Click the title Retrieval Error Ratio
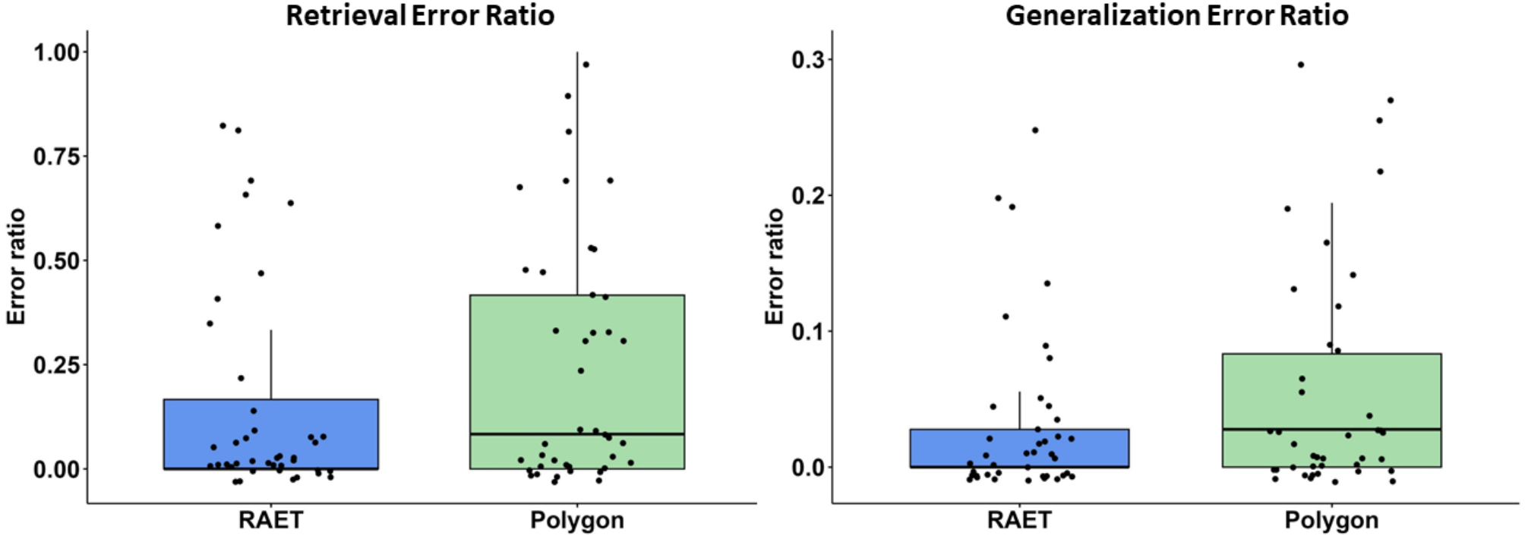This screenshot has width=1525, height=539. coord(420,15)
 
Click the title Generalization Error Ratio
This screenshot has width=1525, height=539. coord(1176,15)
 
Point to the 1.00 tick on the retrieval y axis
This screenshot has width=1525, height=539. coord(57,52)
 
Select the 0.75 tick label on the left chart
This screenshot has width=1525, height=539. coord(57,156)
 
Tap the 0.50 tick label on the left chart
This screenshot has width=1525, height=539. coord(57,260)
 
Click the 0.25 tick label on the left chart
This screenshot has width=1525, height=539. coord(57,364)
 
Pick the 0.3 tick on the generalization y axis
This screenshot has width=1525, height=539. coord(808,59)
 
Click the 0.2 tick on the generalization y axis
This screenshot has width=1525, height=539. coord(808,195)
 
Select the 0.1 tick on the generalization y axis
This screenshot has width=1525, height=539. coord(808,331)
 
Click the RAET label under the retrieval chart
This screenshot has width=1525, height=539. coord(270,520)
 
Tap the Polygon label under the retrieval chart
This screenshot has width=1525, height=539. coord(576,520)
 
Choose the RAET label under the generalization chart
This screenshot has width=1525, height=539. coord(1019,520)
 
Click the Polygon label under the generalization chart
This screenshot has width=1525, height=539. coord(1331,520)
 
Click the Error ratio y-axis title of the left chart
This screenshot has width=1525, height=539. coord(17,266)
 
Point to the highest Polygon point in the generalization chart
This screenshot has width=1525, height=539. coord(1301,65)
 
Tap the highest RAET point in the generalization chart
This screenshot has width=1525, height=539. coord(1034,130)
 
